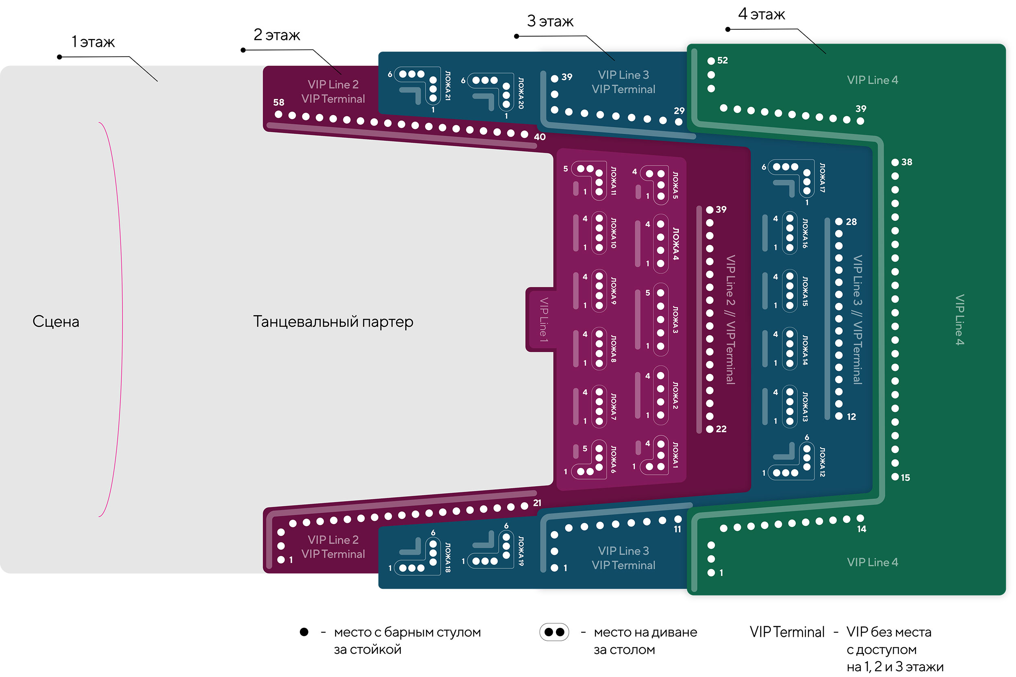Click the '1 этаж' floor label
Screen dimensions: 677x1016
[93, 42]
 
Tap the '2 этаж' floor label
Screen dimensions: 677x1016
[276, 35]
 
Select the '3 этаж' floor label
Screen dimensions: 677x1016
[550, 21]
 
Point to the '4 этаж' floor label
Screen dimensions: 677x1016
[761, 14]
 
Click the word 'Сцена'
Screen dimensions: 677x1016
[56, 322]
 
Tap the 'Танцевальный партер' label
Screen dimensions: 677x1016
[333, 322]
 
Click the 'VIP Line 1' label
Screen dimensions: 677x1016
[544, 320]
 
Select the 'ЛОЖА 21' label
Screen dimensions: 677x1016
[448, 86]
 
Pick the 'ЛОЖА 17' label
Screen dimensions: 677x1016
[822, 177]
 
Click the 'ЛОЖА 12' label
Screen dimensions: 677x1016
[822, 461]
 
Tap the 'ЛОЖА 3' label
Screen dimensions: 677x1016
[675, 320]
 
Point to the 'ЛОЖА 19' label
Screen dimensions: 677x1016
[521, 551]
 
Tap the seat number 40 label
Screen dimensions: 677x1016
[540, 137]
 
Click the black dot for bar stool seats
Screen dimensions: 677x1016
[304, 632]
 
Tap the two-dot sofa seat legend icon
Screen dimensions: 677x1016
[554, 632]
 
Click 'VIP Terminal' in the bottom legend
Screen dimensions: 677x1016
[787, 632]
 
